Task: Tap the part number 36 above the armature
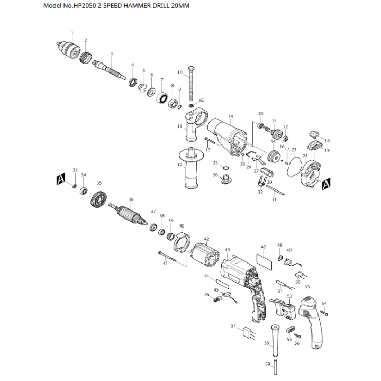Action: [131, 199]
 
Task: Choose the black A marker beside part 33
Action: [61, 179]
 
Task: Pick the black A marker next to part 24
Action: [326, 184]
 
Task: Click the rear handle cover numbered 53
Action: [311, 322]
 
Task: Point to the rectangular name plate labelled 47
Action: [264, 262]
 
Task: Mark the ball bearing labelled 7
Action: [162, 98]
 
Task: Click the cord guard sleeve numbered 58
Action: [275, 340]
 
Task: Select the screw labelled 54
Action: [324, 313]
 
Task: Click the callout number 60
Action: [202, 101]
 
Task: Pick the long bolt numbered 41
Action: [167, 256]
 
